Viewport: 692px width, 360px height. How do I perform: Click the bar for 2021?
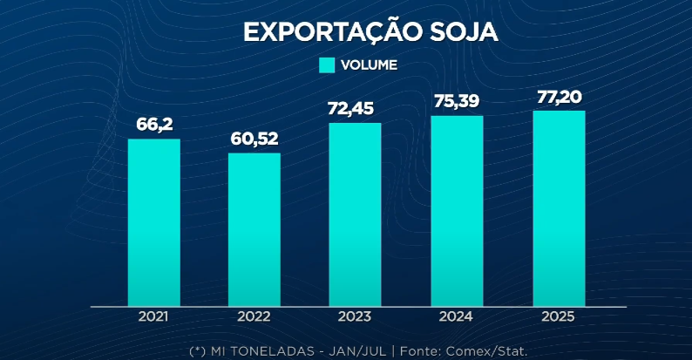pos(153,222)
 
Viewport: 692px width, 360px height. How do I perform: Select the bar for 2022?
pos(254,229)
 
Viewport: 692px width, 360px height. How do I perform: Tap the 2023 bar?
pos(355,214)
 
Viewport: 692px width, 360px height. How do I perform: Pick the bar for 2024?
pos(457,211)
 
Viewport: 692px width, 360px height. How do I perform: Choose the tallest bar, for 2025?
pos(559,208)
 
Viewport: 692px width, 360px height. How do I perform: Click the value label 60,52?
pos(254,139)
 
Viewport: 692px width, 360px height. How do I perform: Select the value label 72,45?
pos(355,109)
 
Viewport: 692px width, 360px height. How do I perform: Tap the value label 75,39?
pos(457,101)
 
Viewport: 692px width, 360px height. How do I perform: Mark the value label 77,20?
pos(559,96)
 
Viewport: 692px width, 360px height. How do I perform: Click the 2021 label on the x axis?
pos(153,317)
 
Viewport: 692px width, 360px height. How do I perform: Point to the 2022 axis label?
pos(254,317)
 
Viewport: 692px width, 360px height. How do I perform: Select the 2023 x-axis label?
pos(355,317)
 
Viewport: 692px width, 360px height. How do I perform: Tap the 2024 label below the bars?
pos(457,317)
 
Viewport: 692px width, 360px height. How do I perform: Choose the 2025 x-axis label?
pos(559,317)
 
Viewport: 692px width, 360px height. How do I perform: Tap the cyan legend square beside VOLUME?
pos(327,65)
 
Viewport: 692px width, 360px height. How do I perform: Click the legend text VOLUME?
pos(369,65)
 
